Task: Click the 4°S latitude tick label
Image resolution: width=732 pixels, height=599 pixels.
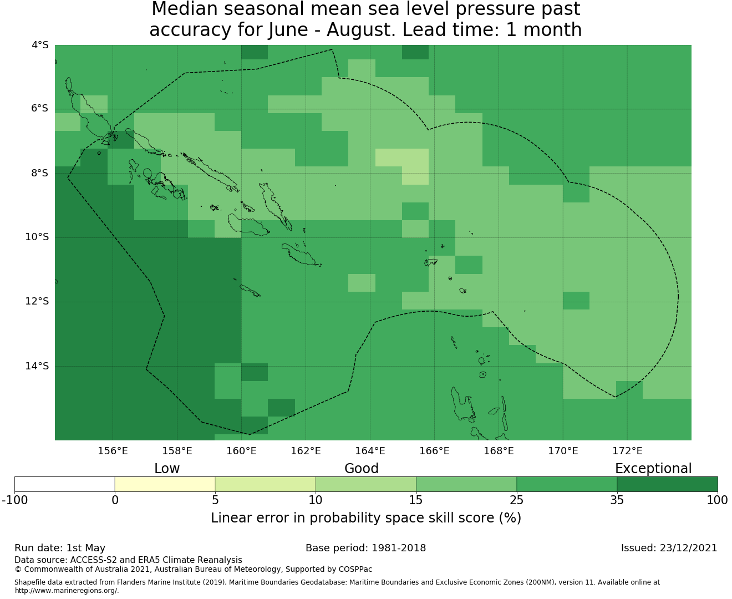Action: (40, 45)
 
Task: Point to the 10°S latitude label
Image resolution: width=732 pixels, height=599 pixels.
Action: (37, 237)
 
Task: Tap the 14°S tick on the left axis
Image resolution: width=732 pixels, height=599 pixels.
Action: (37, 366)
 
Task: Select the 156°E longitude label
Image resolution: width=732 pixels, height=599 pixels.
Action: (113, 451)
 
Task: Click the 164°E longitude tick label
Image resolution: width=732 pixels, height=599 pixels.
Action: (370, 451)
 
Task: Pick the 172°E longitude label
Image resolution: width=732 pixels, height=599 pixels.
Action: (627, 451)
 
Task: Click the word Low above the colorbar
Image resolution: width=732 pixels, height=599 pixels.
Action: (167, 469)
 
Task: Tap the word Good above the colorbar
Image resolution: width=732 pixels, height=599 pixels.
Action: (362, 469)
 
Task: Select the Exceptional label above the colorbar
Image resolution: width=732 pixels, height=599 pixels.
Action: (653, 469)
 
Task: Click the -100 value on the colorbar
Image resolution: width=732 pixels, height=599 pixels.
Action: (14, 500)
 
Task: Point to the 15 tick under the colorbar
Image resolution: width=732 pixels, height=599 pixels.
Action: (416, 500)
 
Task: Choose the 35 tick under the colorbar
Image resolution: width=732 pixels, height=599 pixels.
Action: (617, 500)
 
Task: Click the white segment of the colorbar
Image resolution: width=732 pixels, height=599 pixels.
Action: (64, 484)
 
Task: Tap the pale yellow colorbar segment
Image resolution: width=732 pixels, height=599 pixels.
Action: (165, 484)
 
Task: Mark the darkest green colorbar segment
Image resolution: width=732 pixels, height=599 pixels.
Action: (667, 484)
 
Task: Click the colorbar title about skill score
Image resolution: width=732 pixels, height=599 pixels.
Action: (366, 518)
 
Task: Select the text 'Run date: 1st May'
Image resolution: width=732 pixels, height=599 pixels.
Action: (60, 549)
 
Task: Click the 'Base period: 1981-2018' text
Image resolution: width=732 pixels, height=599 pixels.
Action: (365, 548)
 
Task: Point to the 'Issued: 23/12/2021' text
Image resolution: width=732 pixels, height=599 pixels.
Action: (669, 548)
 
